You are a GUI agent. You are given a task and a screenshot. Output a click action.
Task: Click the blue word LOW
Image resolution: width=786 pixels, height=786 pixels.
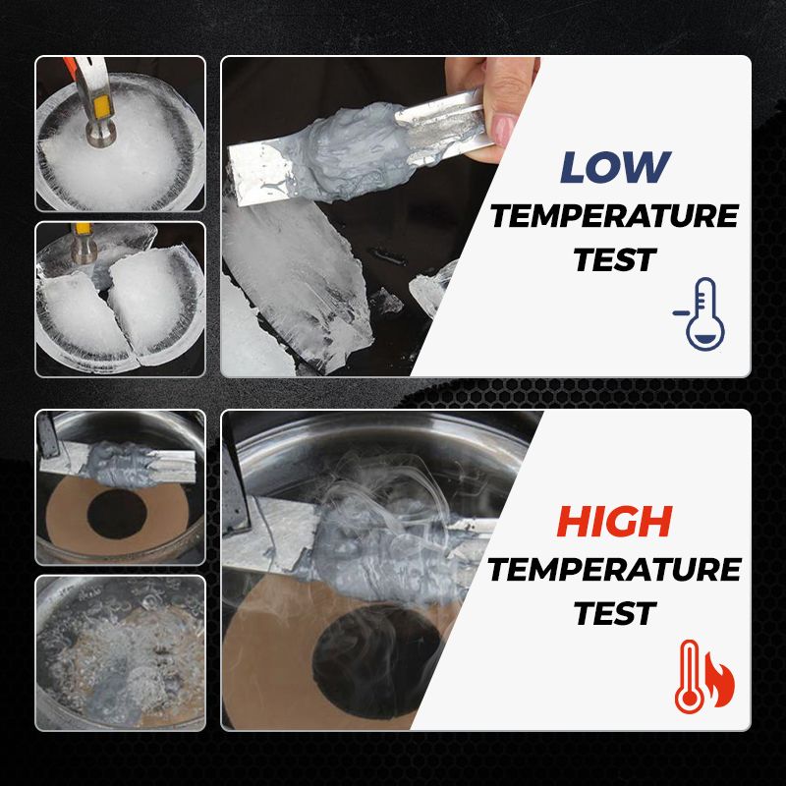click(x=615, y=167)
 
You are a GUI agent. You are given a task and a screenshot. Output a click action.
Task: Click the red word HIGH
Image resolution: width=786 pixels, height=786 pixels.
click(x=615, y=522)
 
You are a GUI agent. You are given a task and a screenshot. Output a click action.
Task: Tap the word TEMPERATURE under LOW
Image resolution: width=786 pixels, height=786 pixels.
click(x=615, y=216)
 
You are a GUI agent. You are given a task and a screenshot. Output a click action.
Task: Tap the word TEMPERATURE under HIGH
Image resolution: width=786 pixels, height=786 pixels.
click(x=615, y=570)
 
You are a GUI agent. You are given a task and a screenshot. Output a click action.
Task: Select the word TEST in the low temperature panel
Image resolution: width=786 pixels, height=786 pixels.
click(x=615, y=259)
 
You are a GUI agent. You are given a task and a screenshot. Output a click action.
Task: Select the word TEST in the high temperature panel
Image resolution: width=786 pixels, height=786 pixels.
click(x=615, y=613)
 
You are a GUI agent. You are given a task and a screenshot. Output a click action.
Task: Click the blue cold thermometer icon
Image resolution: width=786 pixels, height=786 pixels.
click(x=700, y=313)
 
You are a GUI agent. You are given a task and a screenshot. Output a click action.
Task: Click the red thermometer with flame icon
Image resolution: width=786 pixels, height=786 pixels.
click(x=703, y=676)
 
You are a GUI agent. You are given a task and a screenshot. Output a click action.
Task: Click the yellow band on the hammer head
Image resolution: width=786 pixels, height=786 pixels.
click(x=102, y=108)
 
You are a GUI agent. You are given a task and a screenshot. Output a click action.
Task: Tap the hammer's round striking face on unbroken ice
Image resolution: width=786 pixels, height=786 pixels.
click(x=100, y=136)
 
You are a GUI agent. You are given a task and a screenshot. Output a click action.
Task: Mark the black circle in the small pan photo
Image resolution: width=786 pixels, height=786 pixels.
click(x=116, y=515)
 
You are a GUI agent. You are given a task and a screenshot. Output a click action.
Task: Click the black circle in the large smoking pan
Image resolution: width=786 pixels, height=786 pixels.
click(x=377, y=661)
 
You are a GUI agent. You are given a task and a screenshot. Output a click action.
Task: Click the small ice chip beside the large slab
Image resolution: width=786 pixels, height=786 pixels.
click(x=385, y=301)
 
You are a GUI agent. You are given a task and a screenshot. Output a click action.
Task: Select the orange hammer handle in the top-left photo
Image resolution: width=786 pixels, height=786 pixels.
click(x=70, y=65)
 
